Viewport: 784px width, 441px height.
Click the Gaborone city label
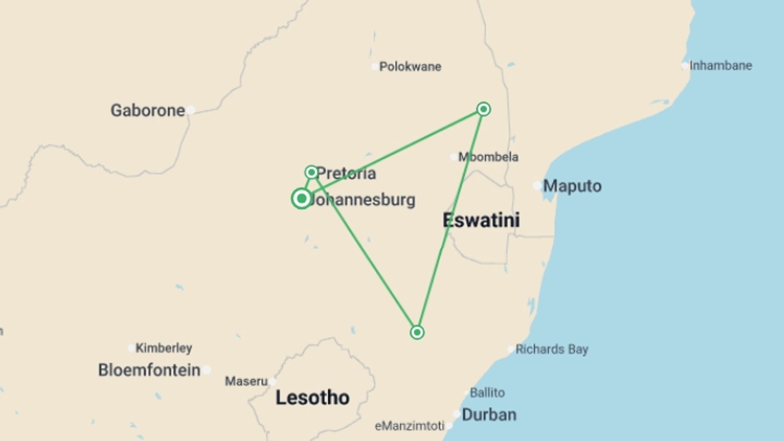[x=147, y=111]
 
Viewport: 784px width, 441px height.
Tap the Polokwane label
[x=410, y=67]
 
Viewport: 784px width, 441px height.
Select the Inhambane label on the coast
[x=720, y=66]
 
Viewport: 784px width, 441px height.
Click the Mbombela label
[x=488, y=157]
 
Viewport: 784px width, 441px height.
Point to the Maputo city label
[x=572, y=186]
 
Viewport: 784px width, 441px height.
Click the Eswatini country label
[x=481, y=220]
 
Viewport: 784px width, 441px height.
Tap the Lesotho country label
[x=312, y=398]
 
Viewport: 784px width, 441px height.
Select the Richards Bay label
[x=552, y=350]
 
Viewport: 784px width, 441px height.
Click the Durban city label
[x=489, y=415]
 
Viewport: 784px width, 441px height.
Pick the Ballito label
[x=487, y=393]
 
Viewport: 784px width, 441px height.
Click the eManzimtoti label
[x=409, y=426]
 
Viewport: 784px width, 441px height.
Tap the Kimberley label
[x=163, y=348]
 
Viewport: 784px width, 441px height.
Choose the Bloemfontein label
[x=149, y=370]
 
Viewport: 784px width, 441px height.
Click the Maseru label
[x=246, y=381]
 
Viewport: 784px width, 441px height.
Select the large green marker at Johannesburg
[x=301, y=199]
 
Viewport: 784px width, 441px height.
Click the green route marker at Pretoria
[x=312, y=172]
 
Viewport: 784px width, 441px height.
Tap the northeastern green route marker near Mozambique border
[x=483, y=109]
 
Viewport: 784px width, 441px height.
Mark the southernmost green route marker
[x=417, y=332]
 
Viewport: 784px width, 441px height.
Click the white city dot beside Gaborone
[x=191, y=110]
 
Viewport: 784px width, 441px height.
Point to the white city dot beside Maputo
[x=537, y=186]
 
